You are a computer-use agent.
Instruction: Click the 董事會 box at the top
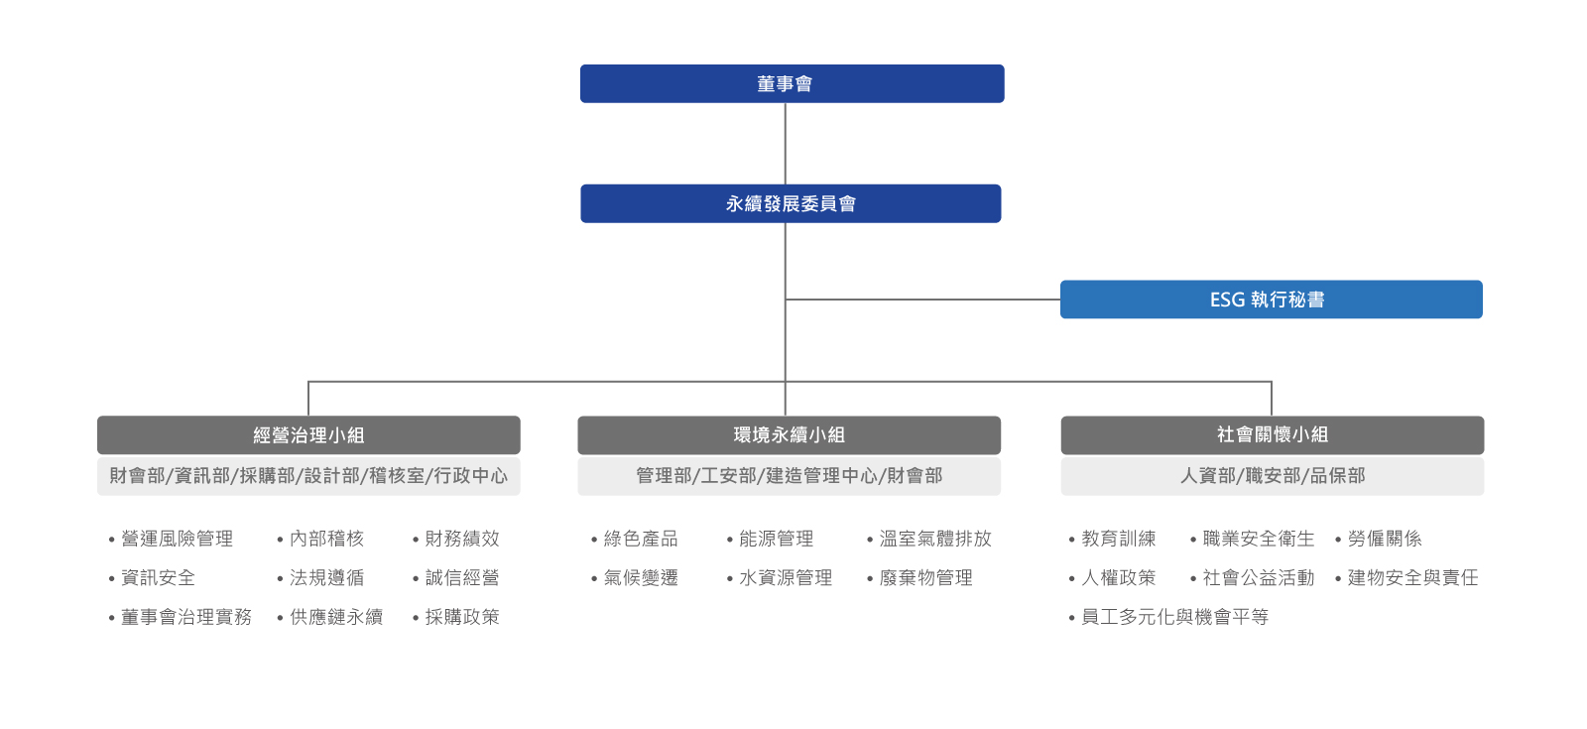(792, 84)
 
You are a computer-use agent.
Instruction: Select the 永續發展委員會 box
(791, 203)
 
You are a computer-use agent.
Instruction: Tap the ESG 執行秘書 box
(1271, 300)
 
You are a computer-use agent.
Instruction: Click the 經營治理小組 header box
(308, 435)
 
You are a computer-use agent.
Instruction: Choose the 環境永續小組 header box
(789, 435)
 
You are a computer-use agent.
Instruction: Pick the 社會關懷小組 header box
(1272, 435)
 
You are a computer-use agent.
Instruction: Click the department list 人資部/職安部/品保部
(1272, 476)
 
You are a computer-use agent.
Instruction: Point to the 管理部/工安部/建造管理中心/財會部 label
(789, 476)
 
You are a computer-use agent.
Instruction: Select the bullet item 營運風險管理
(177, 539)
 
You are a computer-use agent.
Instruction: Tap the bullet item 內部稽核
(326, 539)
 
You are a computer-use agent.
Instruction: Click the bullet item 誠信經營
(461, 577)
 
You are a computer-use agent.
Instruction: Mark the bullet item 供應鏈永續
(335, 617)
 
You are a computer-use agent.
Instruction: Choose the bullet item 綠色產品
(640, 539)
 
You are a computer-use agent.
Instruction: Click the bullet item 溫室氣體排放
(934, 539)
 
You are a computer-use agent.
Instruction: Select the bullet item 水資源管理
(785, 577)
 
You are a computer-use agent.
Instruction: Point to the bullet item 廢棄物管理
(925, 577)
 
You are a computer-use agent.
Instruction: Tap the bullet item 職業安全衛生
(1258, 539)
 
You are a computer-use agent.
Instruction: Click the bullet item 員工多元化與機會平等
(1174, 617)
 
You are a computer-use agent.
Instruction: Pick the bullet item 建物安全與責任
(1412, 577)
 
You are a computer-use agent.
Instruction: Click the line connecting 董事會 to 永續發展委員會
(786, 144)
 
